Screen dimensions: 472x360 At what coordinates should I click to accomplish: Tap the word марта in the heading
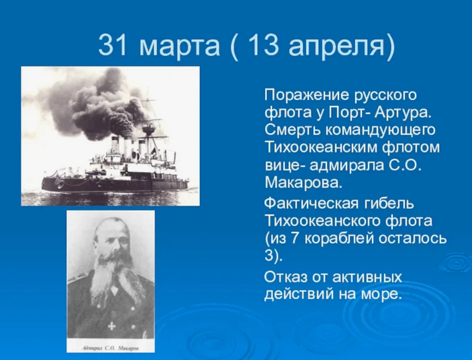pos(180,47)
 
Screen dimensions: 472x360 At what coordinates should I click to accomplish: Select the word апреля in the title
pos(337,47)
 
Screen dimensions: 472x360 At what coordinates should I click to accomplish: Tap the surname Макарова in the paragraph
pos(303,182)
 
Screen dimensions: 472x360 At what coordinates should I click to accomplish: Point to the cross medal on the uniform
pos(112,325)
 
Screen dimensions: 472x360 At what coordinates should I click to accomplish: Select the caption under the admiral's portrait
pos(111,348)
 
